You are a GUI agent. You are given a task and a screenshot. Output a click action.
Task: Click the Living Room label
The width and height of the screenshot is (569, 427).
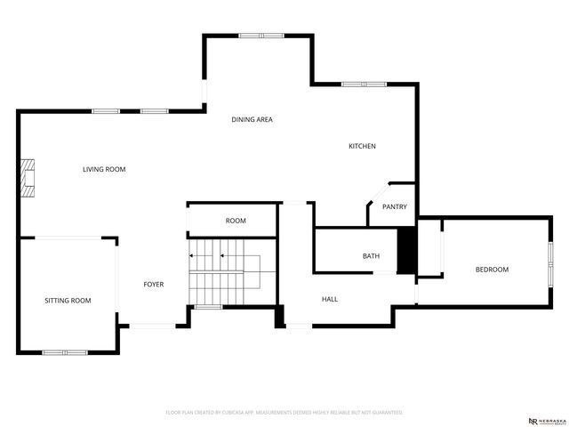tap(104, 169)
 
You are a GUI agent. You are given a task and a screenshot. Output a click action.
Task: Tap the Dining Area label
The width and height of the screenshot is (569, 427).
tap(252, 119)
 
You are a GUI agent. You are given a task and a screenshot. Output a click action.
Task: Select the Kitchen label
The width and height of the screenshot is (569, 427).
tap(362, 146)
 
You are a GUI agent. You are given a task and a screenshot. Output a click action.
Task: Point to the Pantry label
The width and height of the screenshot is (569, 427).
tap(394, 207)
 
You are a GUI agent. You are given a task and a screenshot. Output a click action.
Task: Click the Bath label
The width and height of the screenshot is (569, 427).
tap(371, 256)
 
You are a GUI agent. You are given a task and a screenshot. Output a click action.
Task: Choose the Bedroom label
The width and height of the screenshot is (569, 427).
tap(492, 270)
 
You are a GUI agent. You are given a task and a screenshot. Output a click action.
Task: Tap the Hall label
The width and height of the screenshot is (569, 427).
tap(329, 299)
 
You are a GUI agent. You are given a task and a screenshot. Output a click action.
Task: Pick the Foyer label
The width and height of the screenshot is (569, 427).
tap(154, 285)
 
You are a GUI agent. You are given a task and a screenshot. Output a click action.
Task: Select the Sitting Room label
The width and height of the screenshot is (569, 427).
tap(68, 301)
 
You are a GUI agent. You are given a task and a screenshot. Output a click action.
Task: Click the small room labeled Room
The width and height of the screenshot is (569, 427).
tap(236, 221)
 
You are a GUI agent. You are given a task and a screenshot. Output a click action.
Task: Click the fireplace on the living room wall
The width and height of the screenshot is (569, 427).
tap(29, 177)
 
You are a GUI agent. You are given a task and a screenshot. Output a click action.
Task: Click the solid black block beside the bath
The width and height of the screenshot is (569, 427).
tap(406, 252)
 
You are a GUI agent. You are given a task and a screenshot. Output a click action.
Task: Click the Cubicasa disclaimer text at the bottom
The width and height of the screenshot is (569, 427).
tap(284, 413)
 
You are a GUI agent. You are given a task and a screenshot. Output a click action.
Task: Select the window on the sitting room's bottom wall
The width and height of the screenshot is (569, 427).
tap(65, 352)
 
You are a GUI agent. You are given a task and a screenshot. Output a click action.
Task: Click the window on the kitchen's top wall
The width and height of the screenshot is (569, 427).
tap(365, 85)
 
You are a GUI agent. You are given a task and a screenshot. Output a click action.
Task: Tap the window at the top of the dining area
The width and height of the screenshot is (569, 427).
tap(260, 36)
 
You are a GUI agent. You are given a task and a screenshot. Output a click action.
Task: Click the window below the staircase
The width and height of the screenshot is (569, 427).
tap(208, 307)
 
